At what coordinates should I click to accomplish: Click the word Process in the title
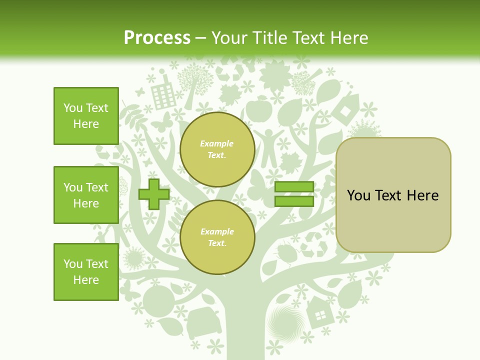tap(157, 38)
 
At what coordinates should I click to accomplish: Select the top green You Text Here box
tap(86, 116)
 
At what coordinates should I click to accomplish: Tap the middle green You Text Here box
tap(86, 195)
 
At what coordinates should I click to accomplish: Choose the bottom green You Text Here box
tap(86, 272)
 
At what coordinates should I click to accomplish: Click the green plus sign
tap(154, 194)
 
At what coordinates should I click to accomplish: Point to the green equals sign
tap(294, 194)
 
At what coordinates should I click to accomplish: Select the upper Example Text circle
tap(217, 149)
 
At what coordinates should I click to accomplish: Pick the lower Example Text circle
tap(217, 237)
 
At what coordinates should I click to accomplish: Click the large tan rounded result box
tap(393, 195)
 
